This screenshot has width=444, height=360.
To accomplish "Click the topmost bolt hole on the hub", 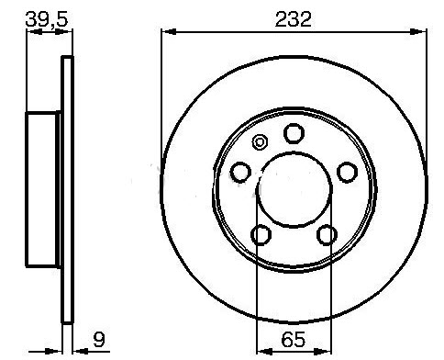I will coord(294,133).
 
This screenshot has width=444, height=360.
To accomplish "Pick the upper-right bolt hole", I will coord(347,172).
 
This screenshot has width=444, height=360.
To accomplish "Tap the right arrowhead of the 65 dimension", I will coord(325,350).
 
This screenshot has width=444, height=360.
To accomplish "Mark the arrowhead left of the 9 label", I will coord(78,350).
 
